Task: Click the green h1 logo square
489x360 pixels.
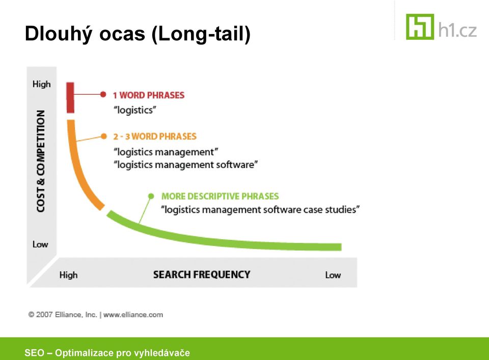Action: point(420,27)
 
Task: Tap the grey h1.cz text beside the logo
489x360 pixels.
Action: point(457,30)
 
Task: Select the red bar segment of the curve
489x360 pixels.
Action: point(70,98)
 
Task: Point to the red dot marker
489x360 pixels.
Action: point(103,94)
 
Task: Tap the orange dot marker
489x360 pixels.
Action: point(104,136)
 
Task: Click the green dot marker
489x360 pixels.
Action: point(151,196)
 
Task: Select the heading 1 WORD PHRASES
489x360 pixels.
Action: point(149,95)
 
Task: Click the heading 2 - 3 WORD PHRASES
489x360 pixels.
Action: point(155,136)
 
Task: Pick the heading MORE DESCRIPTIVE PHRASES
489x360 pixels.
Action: point(220,196)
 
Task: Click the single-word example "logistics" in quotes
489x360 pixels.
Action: point(135,110)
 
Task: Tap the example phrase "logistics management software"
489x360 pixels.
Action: point(186,164)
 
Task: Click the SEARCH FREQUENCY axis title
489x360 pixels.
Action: point(202,274)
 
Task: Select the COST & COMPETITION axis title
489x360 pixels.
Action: point(41,161)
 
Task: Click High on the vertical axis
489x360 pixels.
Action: point(41,84)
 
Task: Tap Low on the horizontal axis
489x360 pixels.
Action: point(333,275)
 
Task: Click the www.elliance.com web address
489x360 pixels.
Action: point(133,315)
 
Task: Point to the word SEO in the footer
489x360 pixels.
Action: point(34,353)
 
